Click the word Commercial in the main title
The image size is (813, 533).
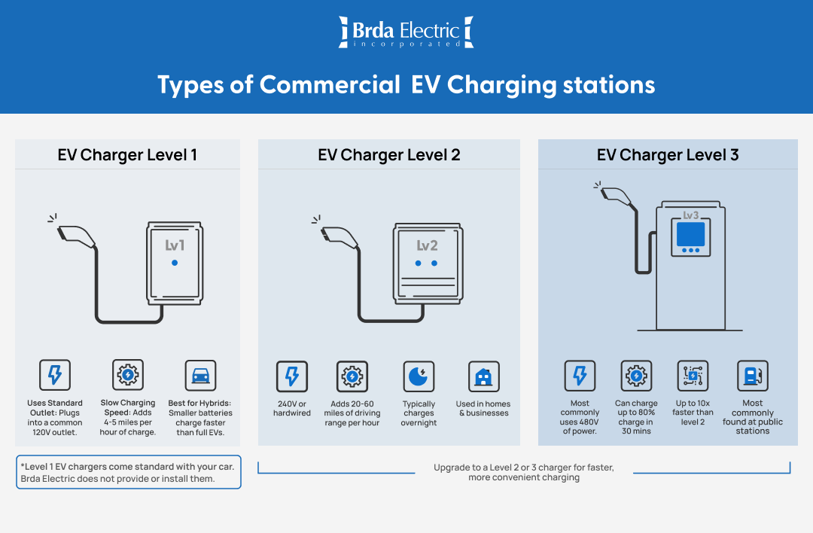point(330,84)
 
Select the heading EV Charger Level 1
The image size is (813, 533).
point(127,155)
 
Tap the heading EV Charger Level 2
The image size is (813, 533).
point(388,155)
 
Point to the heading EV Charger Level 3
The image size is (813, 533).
point(668,155)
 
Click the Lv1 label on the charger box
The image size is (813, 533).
point(175,245)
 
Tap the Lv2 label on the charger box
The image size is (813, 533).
point(427,246)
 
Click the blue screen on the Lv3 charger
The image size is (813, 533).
point(690,234)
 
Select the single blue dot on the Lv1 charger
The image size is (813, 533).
point(175,263)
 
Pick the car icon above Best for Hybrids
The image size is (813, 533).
point(200,375)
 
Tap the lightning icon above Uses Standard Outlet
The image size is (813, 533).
point(55,375)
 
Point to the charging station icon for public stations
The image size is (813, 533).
point(752,376)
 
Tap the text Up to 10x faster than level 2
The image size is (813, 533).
point(694,413)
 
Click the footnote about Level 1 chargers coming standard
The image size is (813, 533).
point(128,473)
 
